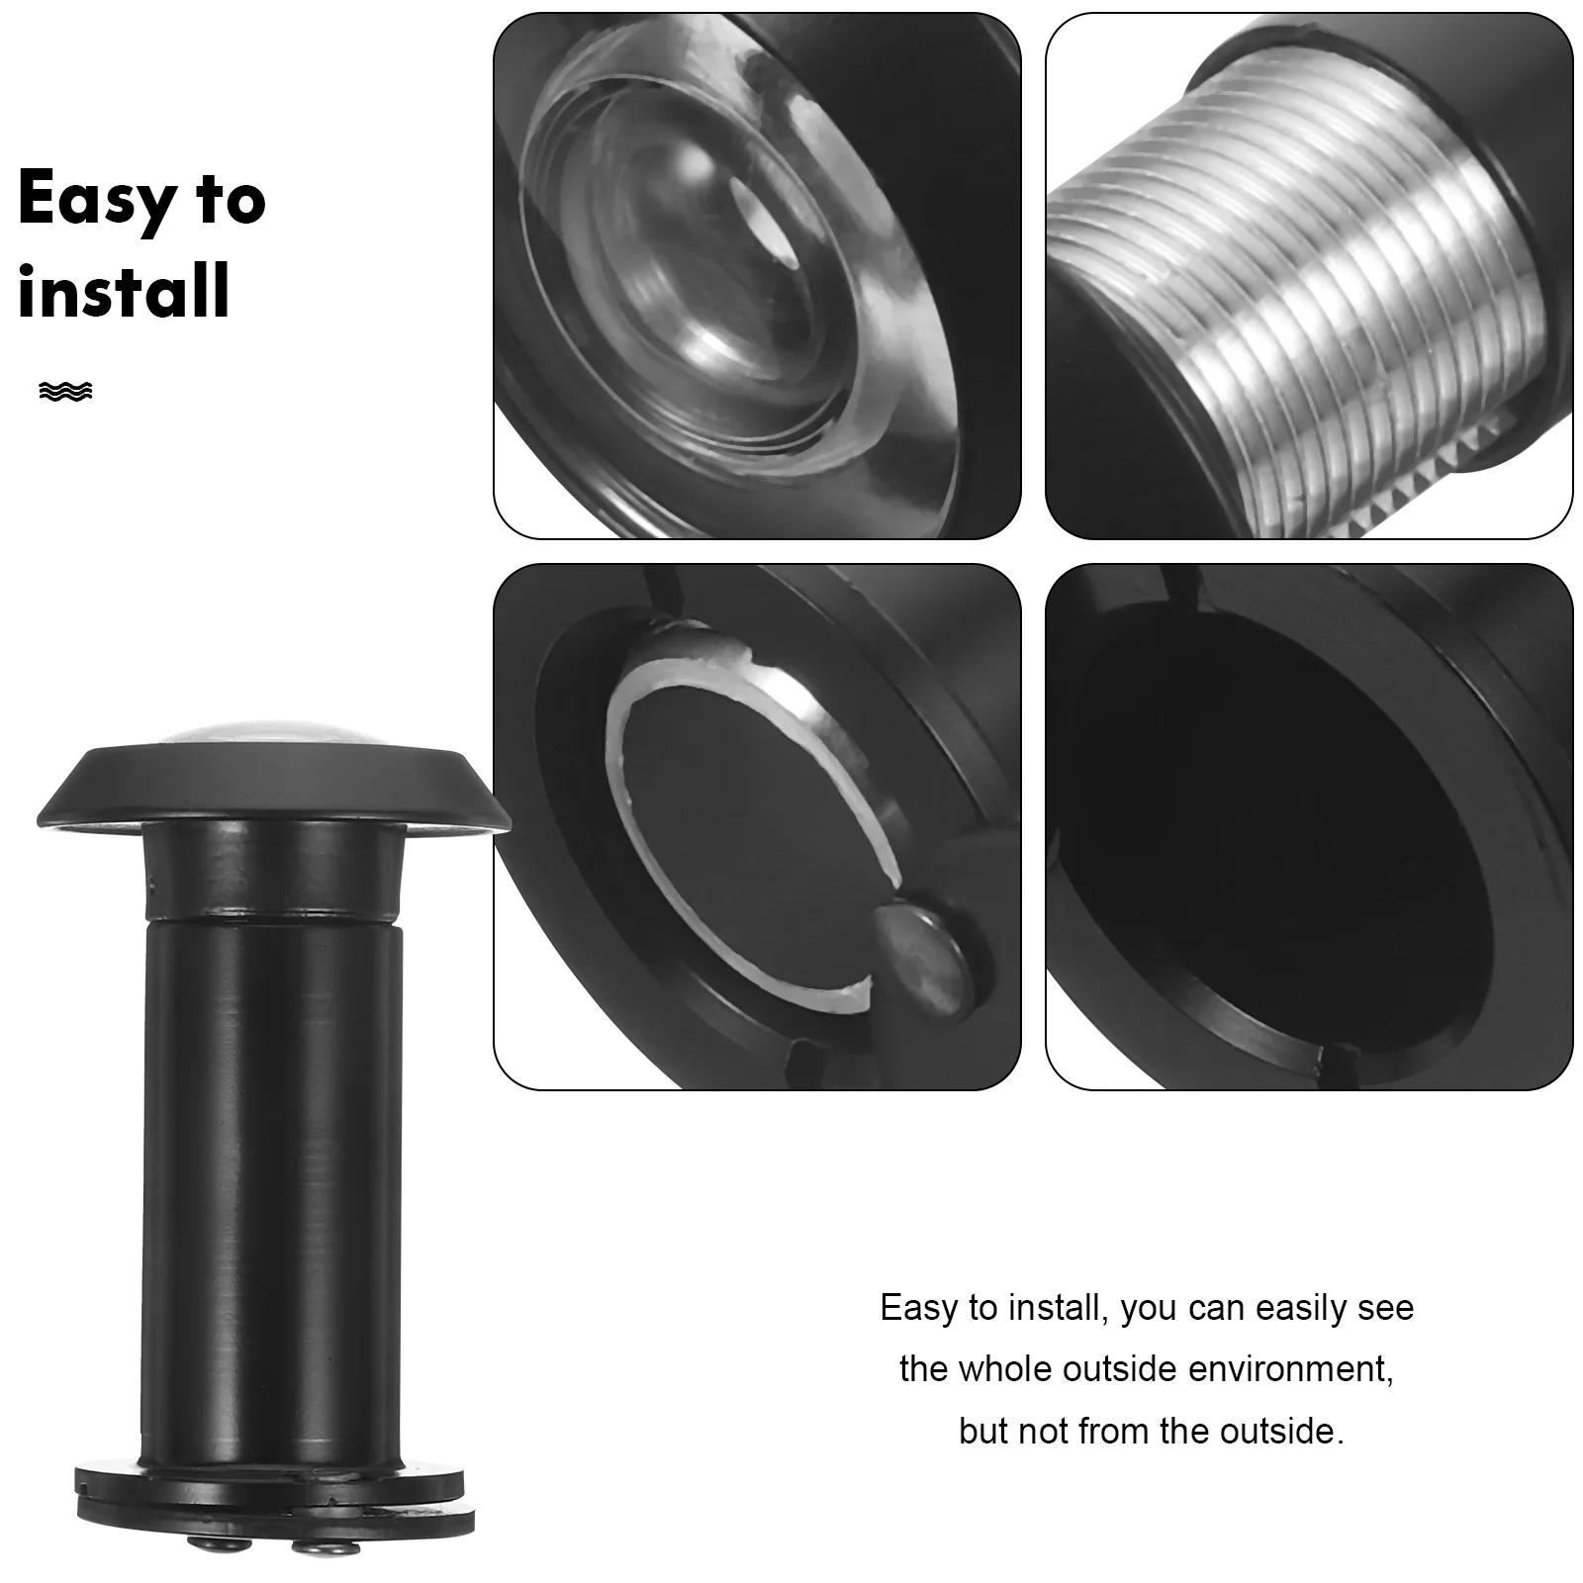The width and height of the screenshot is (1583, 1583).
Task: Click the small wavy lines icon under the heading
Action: click(x=65, y=391)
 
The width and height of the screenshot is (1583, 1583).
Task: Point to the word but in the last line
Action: click(x=983, y=1431)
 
